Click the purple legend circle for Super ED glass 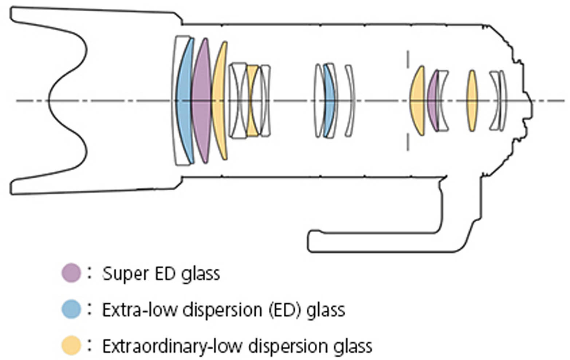[71, 273]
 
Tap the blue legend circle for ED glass [71, 309]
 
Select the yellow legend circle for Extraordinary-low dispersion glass [71, 345]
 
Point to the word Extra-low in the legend [139, 310]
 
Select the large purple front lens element [201, 100]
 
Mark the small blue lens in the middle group [329, 100]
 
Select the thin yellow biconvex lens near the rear [472, 101]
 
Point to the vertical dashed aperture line [408, 101]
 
